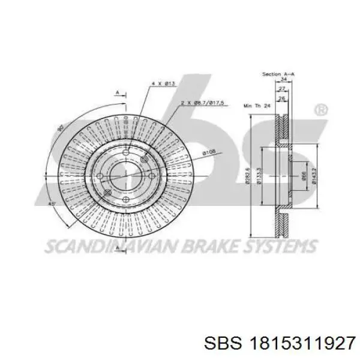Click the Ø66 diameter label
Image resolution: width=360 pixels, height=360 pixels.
304,176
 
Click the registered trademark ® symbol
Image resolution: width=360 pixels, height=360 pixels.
321,110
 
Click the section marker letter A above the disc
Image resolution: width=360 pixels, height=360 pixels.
118,92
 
